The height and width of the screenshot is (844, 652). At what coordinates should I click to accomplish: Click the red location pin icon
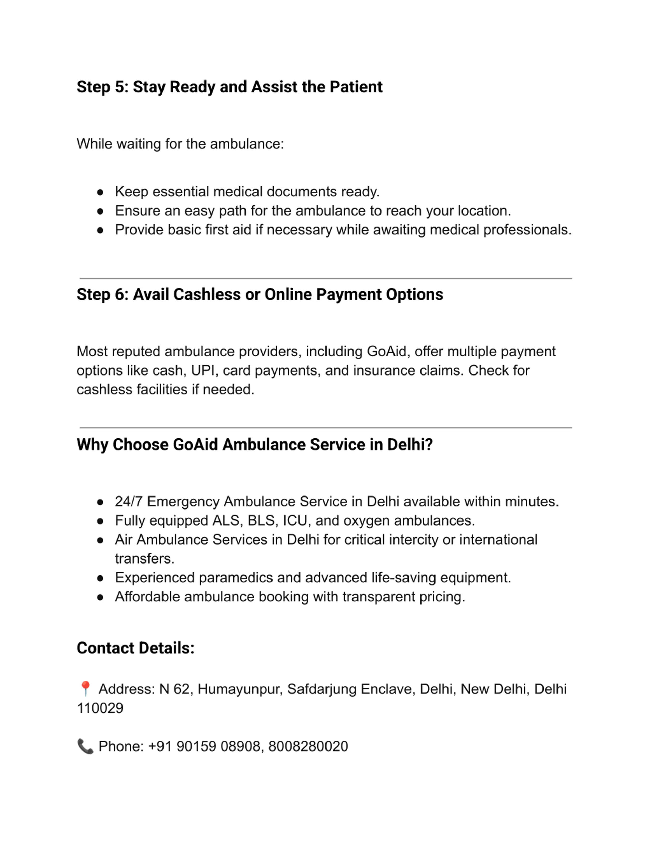[85, 689]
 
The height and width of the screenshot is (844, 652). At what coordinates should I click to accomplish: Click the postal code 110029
[100, 708]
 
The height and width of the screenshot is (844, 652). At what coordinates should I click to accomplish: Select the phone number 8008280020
[308, 746]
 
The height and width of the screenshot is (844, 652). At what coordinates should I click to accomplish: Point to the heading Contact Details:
[135, 648]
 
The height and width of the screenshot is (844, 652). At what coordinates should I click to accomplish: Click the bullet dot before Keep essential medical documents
[100, 192]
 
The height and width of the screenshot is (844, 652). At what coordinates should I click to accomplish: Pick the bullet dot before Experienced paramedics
[100, 578]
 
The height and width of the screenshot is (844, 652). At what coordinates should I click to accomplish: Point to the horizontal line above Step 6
[325, 278]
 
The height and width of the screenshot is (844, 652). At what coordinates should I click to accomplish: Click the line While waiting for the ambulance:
[180, 144]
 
